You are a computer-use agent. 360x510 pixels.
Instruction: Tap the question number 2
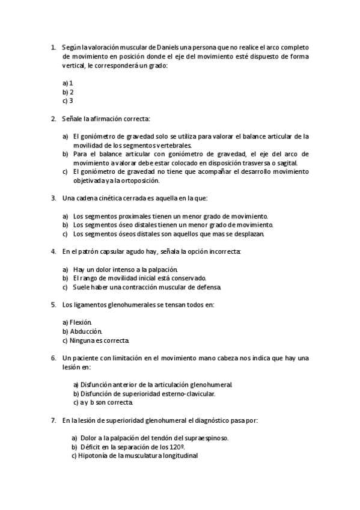pyautogui.click(x=53, y=118)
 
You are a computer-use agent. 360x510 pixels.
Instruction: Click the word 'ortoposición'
pyautogui.click(x=141, y=180)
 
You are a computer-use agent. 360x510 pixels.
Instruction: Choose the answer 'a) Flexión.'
pyautogui.click(x=77, y=322)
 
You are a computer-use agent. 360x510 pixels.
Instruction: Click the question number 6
pyautogui.click(x=53, y=358)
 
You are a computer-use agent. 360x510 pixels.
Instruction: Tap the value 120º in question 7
pyautogui.click(x=175, y=447)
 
